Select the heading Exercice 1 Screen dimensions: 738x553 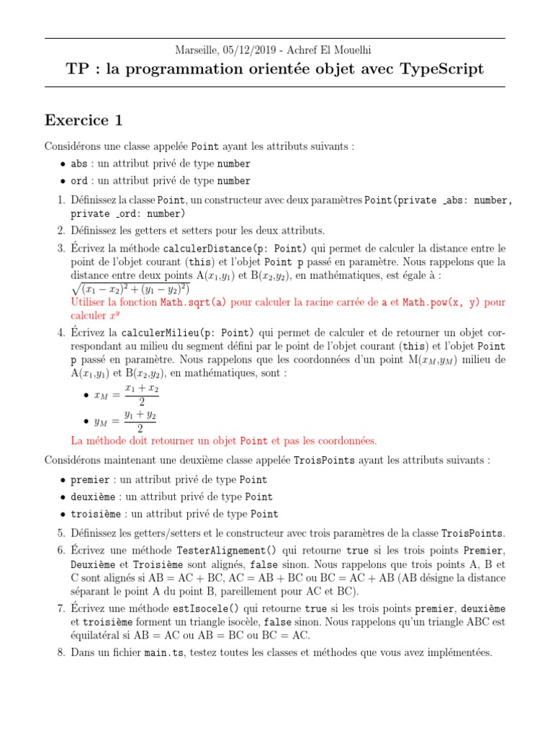click(84, 120)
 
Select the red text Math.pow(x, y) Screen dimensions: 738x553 click(442, 303)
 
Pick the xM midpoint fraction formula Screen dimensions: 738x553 click(127, 395)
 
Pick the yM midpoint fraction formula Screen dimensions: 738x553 click(126, 422)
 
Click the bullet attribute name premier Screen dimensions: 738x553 click(90, 480)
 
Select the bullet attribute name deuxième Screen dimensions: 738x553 click(93, 497)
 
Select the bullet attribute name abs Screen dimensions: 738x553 click(79, 164)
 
